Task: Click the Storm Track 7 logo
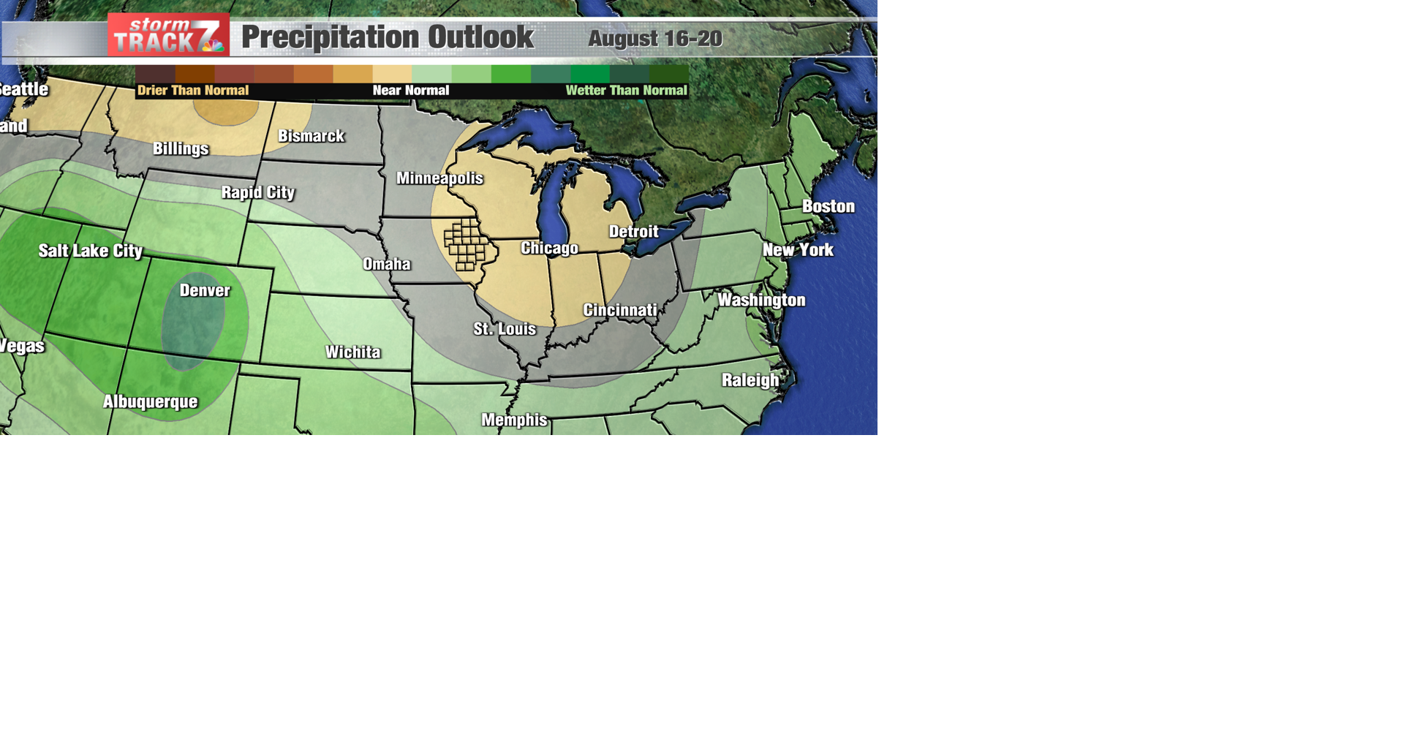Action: click(168, 35)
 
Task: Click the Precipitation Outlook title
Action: click(388, 37)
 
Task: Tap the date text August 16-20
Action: click(654, 39)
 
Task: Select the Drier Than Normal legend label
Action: click(193, 91)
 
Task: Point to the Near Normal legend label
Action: click(410, 91)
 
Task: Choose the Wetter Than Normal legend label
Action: click(626, 91)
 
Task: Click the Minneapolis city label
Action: click(439, 178)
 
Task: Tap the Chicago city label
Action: click(549, 249)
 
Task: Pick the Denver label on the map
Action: click(205, 291)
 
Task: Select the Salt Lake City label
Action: click(91, 252)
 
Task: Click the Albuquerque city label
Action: click(150, 402)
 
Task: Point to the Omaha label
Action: click(387, 264)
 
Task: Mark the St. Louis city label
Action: click(505, 329)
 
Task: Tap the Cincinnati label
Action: click(620, 311)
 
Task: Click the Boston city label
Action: click(829, 207)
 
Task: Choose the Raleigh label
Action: click(750, 380)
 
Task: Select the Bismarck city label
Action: click(311, 136)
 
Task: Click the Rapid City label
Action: click(258, 192)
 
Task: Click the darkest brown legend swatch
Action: click(155, 74)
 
